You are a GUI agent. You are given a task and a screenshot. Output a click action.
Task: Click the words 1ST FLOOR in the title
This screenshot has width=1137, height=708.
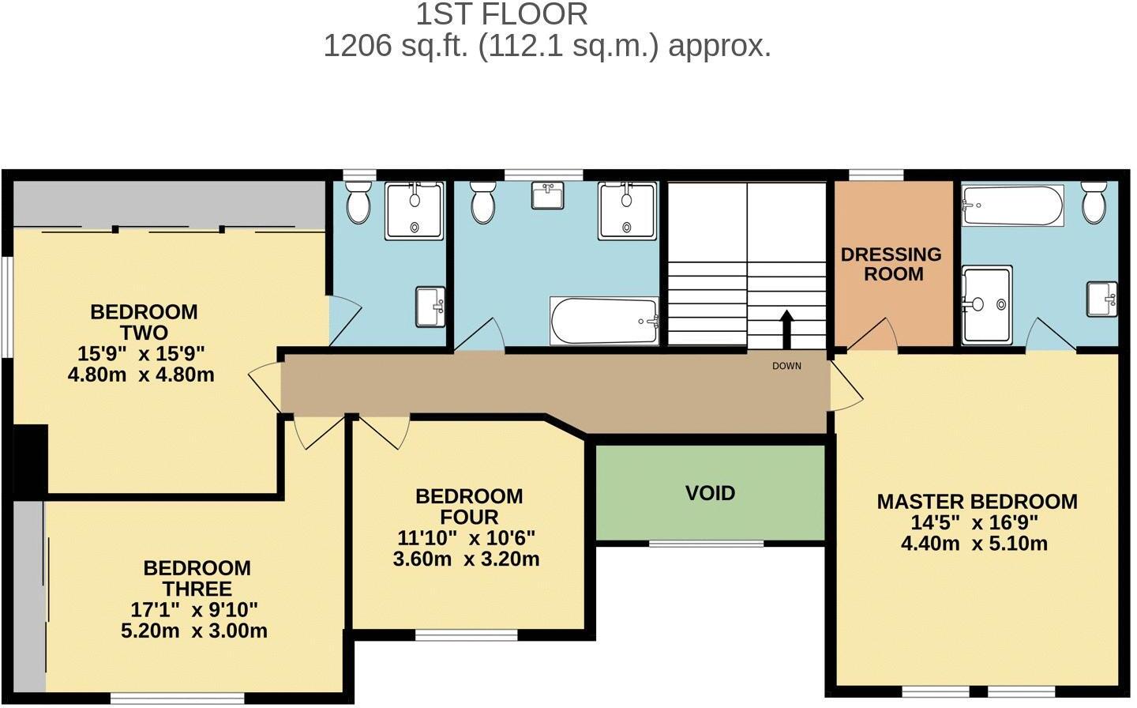point(501,14)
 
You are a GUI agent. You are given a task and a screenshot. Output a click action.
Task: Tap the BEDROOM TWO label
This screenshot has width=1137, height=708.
point(144,322)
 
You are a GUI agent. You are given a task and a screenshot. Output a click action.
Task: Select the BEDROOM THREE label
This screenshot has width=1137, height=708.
point(197,578)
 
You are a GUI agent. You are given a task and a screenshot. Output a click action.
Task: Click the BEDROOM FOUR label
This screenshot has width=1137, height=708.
point(469,507)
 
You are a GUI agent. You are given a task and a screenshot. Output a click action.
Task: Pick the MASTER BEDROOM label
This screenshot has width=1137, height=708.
point(977,502)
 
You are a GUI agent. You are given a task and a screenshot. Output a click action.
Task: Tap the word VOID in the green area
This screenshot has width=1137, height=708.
point(710,493)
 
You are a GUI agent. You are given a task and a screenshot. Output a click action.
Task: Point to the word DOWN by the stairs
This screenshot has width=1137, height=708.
point(786,366)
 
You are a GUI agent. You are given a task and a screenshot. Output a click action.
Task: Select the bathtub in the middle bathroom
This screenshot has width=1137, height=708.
point(605,322)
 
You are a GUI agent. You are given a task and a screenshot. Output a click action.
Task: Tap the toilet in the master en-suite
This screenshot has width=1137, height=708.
point(1094,202)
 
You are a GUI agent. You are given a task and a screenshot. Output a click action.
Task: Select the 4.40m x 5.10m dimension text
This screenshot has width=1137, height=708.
point(974,544)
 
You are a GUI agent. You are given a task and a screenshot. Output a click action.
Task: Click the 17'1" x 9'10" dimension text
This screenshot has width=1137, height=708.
point(194,610)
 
